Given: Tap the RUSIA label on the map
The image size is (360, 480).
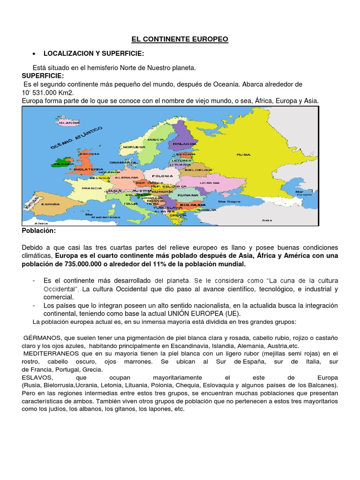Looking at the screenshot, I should coord(243,154).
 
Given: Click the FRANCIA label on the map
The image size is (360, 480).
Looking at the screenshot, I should coord(92,188).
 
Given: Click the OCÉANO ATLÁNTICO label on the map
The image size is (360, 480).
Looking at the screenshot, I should coord(77,137).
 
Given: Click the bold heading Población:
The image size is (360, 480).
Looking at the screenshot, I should coord(39,231).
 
